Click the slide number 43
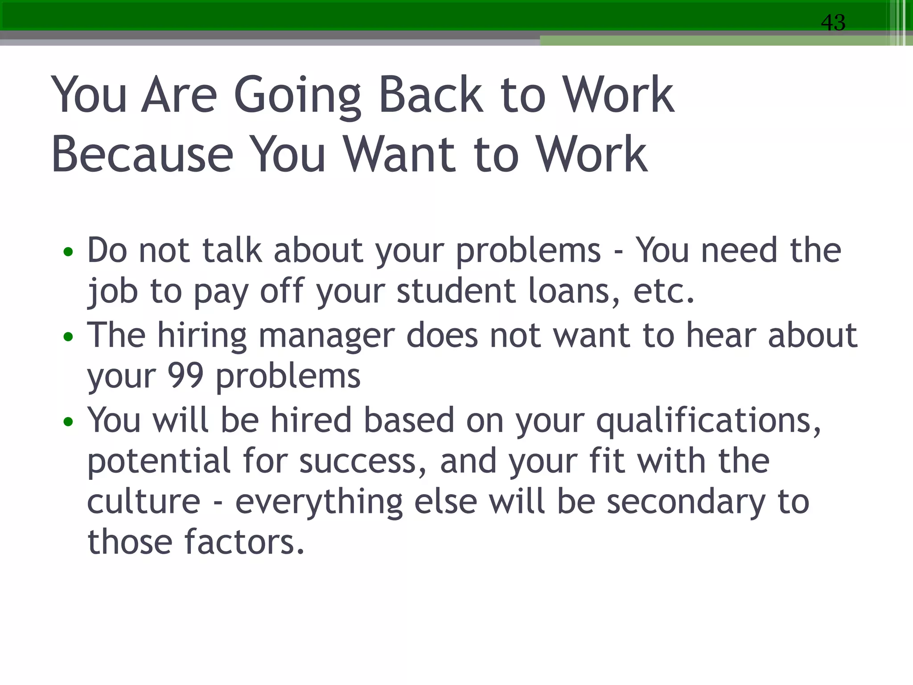point(833,22)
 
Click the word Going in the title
point(297,96)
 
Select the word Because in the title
point(142,154)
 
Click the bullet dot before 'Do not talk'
point(68,252)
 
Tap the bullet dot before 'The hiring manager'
point(68,337)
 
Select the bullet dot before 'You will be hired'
point(68,421)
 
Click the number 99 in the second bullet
point(185,376)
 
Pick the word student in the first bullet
point(456,291)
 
